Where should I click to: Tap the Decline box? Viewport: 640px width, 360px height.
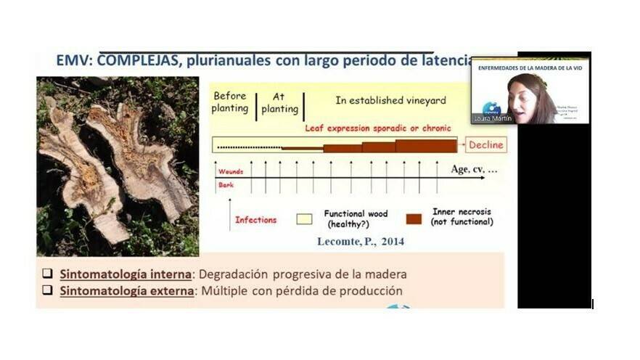(x=485, y=145)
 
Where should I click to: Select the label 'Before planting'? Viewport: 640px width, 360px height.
(x=229, y=102)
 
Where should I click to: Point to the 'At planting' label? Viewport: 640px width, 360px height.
(x=279, y=102)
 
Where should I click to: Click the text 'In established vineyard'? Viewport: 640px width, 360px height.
(x=390, y=101)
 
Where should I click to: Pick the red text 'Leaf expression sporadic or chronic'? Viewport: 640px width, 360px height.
(x=377, y=128)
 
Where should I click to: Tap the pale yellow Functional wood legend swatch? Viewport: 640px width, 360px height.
(x=304, y=218)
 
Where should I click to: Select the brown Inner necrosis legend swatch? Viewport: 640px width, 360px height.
(x=414, y=218)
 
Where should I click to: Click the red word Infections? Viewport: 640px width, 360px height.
(x=255, y=219)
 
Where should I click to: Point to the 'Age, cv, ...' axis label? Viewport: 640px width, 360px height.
(x=475, y=170)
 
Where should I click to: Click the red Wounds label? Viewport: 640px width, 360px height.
(x=231, y=172)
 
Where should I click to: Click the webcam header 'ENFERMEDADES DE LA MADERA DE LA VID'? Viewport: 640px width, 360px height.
(x=530, y=67)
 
